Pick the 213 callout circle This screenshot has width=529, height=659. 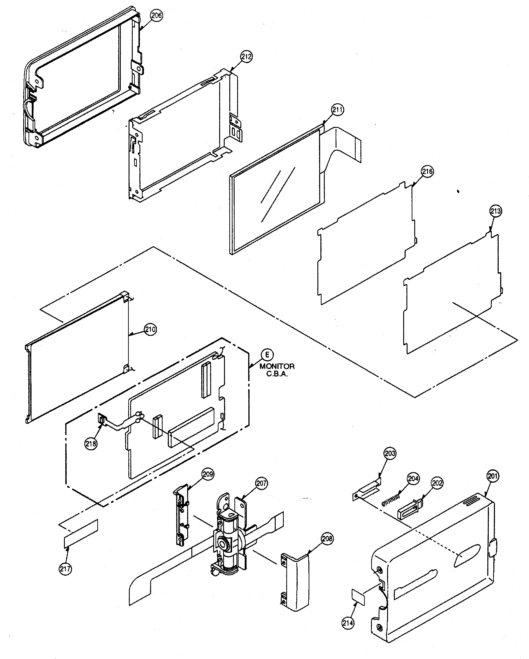(495, 211)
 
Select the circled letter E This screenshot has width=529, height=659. (267, 355)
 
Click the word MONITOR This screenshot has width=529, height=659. (277, 366)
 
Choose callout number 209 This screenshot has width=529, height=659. (208, 474)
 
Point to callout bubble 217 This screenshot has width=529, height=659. (65, 569)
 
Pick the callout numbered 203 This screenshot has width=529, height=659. (390, 453)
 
